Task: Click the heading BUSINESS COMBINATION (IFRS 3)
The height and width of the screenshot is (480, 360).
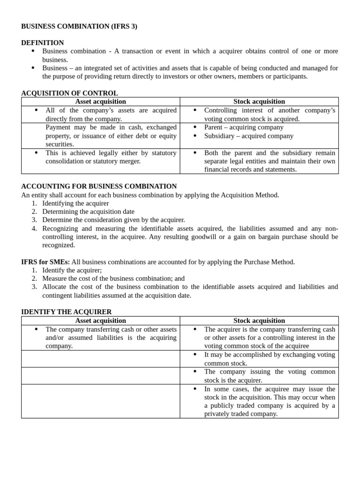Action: pos(79,26)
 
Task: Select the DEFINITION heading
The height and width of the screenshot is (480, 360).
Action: pos(43,43)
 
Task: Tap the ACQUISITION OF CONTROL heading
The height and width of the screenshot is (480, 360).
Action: pos(69,93)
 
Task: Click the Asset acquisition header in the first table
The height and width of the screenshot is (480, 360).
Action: pos(100,101)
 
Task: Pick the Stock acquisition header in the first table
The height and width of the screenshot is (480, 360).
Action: pos(259,101)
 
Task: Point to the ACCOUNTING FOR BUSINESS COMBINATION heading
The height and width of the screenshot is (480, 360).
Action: pos(99,186)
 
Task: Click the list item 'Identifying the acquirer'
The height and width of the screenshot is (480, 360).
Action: pos(75,203)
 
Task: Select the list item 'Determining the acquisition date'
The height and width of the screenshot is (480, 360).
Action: pos(88,211)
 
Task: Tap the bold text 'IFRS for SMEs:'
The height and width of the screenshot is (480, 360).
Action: pos(45,262)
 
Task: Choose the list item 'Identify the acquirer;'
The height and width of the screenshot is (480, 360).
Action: pos(72,270)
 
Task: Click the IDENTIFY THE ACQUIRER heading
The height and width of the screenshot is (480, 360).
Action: pos(67,312)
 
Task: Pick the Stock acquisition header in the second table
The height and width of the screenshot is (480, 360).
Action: pos(259,321)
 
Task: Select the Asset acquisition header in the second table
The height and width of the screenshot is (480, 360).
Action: pos(100,321)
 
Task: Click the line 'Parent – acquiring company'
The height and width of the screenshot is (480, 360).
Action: pos(244,127)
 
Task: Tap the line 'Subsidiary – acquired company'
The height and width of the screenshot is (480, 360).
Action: pos(248,136)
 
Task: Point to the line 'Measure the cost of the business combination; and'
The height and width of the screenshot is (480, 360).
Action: pos(113,278)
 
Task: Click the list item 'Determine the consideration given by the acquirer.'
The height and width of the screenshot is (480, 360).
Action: pos(113,220)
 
